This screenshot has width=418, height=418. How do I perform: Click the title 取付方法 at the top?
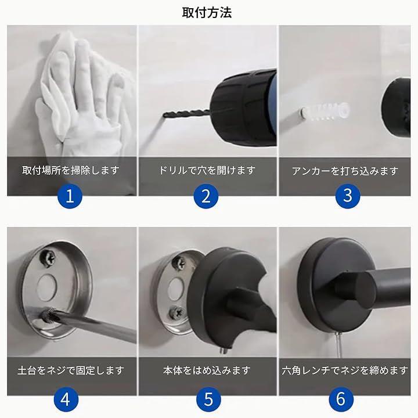[x=207, y=13]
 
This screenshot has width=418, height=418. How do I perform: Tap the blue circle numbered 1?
[x=70, y=196]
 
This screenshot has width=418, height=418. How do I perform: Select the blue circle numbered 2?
[x=206, y=196]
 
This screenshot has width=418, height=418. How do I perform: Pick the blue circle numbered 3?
[x=348, y=196]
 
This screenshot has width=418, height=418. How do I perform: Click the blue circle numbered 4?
[x=66, y=399]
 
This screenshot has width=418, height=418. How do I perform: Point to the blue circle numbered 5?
[x=209, y=399]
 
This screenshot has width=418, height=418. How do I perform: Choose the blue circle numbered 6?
[x=341, y=399]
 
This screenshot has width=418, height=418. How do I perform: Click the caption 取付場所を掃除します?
[x=71, y=170]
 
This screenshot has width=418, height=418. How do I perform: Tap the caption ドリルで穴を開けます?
[x=207, y=170]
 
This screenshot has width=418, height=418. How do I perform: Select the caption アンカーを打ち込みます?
[x=345, y=171]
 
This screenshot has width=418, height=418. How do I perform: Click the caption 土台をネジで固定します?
[x=71, y=370]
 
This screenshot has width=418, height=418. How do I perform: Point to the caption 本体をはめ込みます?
[x=207, y=370]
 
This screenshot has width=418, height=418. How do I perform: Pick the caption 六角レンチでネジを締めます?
[x=345, y=370]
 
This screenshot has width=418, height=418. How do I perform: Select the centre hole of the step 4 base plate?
[x=46, y=284]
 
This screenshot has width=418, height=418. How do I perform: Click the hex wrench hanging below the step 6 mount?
[x=339, y=345]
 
